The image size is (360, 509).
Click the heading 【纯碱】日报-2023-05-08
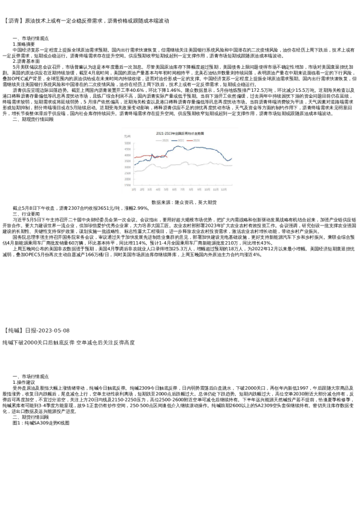[38, 331]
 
